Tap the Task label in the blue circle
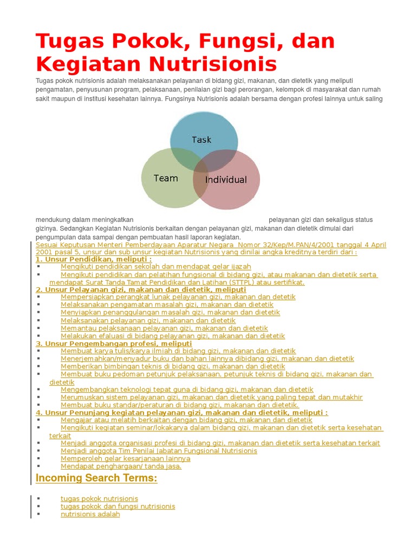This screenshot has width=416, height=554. [201, 140]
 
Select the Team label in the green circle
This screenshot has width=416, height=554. [166, 178]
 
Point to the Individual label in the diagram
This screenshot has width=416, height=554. [226, 180]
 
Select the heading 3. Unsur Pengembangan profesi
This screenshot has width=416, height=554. [114, 344]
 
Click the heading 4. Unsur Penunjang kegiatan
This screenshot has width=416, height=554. [181, 412]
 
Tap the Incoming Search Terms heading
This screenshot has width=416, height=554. [96, 478]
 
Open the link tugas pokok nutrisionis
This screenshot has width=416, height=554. [99, 499]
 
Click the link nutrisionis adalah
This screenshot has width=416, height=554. [90, 514]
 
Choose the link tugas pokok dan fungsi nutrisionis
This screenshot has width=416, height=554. [118, 506]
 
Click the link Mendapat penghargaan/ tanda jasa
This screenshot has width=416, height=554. [121, 466]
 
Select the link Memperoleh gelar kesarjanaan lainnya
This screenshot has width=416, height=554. [125, 458]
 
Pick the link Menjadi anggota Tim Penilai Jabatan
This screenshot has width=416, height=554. [159, 451]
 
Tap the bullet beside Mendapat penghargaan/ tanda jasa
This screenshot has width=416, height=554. [38, 466]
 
